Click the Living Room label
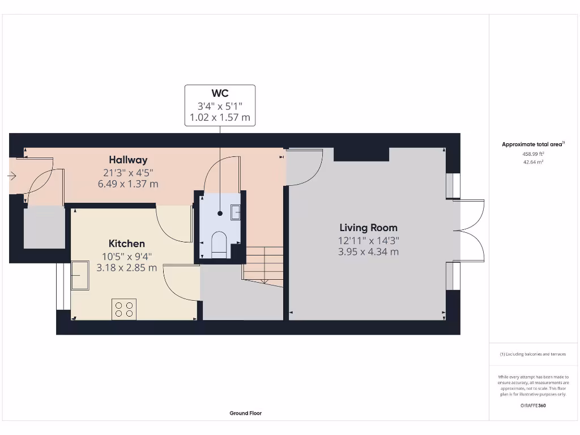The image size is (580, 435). tap(368, 228)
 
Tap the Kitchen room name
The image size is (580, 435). tap(126, 244)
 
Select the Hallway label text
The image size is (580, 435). tap(128, 160)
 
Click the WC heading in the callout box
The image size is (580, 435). tap(220, 93)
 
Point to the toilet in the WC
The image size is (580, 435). tap(219, 244)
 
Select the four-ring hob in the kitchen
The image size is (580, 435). tap(124, 309)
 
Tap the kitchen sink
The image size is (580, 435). tap(80, 275)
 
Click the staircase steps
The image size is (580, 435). tap(263, 265)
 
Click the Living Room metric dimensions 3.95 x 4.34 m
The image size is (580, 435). tap(368, 251)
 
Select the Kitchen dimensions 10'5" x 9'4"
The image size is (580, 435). tap(126, 256)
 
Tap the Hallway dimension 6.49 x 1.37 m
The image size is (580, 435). tap(128, 184)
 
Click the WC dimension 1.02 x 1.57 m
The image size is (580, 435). tap(220, 118)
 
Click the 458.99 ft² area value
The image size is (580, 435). tap(532, 153)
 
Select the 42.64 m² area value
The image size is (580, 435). tap(532, 162)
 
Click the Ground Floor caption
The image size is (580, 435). tap(245, 413)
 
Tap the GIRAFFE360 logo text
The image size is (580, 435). tap(533, 406)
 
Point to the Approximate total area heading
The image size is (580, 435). tap(532, 144)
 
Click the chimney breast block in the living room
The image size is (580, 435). tap(361, 154)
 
